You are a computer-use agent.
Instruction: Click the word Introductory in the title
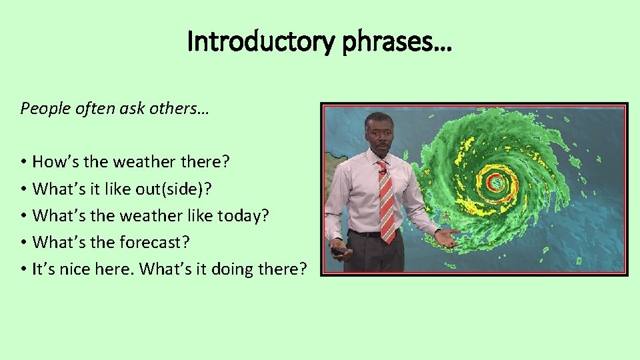pyautogui.click(x=259, y=41)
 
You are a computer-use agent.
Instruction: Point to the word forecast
pyautogui.click(x=151, y=243)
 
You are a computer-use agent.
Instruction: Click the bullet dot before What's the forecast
pyautogui.click(x=23, y=243)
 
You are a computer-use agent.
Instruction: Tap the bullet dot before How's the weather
pyautogui.click(x=23, y=162)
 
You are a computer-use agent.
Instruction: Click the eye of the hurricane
pyautogui.click(x=495, y=181)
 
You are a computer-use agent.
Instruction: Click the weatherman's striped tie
pyautogui.click(x=386, y=200)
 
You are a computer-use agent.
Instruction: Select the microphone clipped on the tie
pyautogui.click(x=383, y=171)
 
